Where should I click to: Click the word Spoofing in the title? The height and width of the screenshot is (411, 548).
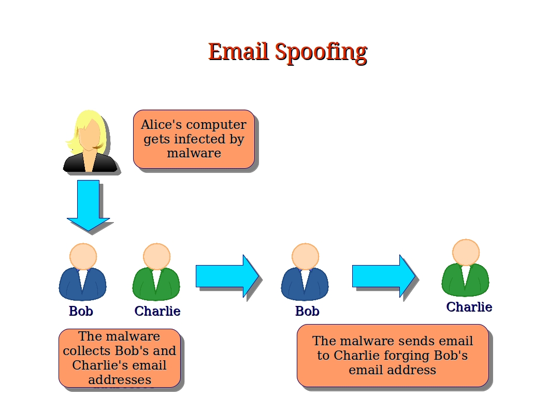tap(321, 52)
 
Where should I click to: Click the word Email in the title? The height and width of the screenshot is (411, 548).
tap(238, 52)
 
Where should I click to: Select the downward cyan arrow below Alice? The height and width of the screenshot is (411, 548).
tap(88, 204)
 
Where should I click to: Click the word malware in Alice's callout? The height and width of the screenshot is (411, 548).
tap(194, 153)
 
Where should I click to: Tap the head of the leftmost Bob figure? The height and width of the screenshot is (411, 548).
tap(83, 256)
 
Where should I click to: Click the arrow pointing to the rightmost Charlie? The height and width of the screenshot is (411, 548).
tap(383, 276)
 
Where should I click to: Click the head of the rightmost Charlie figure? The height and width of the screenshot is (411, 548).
tap(466, 252)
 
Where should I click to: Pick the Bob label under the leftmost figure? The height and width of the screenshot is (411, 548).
tap(81, 311)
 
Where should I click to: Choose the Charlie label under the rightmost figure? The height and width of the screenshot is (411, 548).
tap(469, 307)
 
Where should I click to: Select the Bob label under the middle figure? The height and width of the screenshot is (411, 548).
tap(307, 311)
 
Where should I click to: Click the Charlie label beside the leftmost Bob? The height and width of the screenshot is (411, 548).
tap(157, 311)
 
